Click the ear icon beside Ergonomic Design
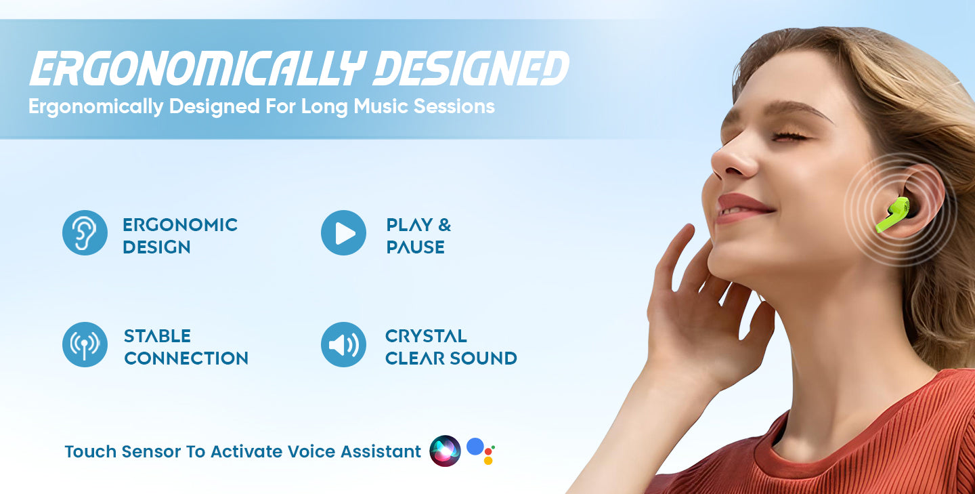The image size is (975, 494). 85,232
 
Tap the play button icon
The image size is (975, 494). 343,232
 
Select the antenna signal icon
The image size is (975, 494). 85,344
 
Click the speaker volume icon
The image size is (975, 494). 343,344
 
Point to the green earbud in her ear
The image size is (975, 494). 894,214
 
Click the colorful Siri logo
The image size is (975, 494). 445,451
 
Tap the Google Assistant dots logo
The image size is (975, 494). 481,451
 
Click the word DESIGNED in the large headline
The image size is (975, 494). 471,68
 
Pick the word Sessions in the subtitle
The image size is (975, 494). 454,106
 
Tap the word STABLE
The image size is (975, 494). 157,336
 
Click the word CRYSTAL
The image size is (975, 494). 426,336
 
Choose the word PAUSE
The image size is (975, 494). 415,247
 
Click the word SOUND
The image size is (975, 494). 483,358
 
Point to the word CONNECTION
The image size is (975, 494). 186,358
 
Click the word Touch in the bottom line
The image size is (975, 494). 90,451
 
